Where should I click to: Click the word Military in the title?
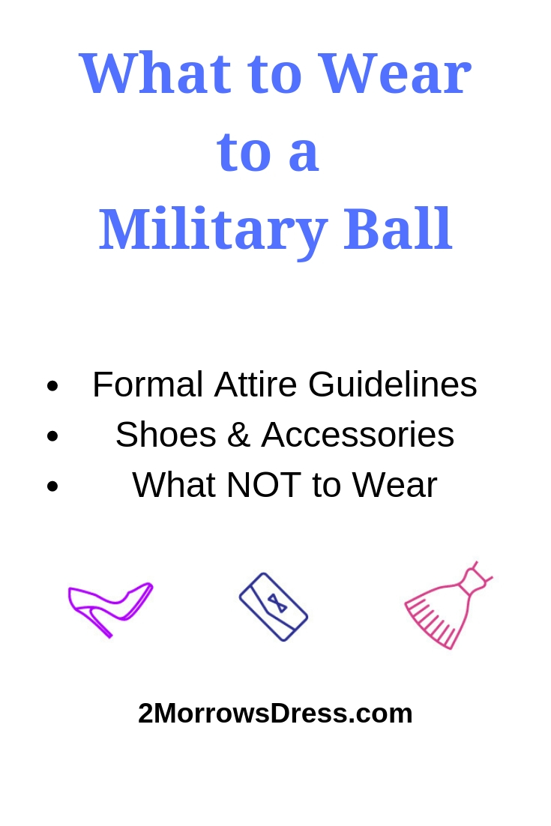(x=213, y=229)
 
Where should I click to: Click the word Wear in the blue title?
(x=394, y=73)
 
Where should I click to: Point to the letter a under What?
(x=303, y=153)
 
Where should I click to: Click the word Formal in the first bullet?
(x=148, y=385)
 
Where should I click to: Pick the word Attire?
(x=256, y=385)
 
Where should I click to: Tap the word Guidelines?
(x=392, y=386)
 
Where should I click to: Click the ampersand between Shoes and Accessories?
(x=238, y=435)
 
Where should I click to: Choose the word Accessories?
(x=358, y=435)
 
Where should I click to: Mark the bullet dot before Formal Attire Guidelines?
(x=52, y=387)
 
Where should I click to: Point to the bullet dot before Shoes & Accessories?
(x=52, y=436)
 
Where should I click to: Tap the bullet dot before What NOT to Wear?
(x=52, y=486)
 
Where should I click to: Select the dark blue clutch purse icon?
(x=274, y=606)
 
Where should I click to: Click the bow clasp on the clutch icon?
(x=277, y=603)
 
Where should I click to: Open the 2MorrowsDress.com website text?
(x=275, y=714)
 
